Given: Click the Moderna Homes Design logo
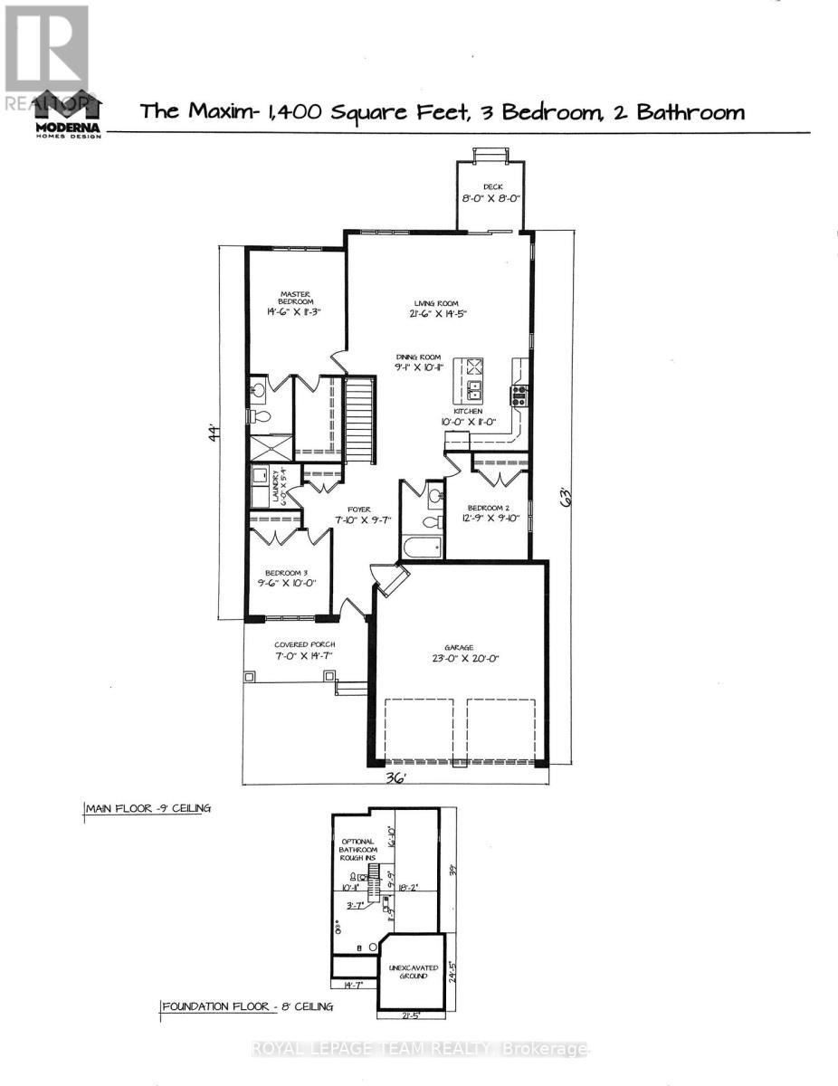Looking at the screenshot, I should point(68,115).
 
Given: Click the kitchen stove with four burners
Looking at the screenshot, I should point(520,393).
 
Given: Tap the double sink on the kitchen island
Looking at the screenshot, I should point(474,391).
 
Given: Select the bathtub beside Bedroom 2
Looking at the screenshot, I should point(422,547).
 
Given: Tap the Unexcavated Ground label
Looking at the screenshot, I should point(412,972).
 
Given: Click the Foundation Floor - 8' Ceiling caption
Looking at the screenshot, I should point(246,1006).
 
